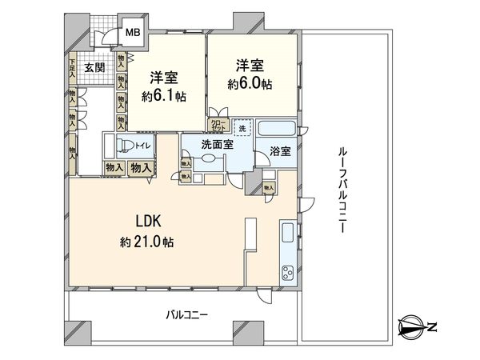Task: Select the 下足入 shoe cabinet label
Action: point(72,66)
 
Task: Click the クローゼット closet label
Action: point(218,125)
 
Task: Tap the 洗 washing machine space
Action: point(242,126)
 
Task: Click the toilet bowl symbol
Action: point(123,145)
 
